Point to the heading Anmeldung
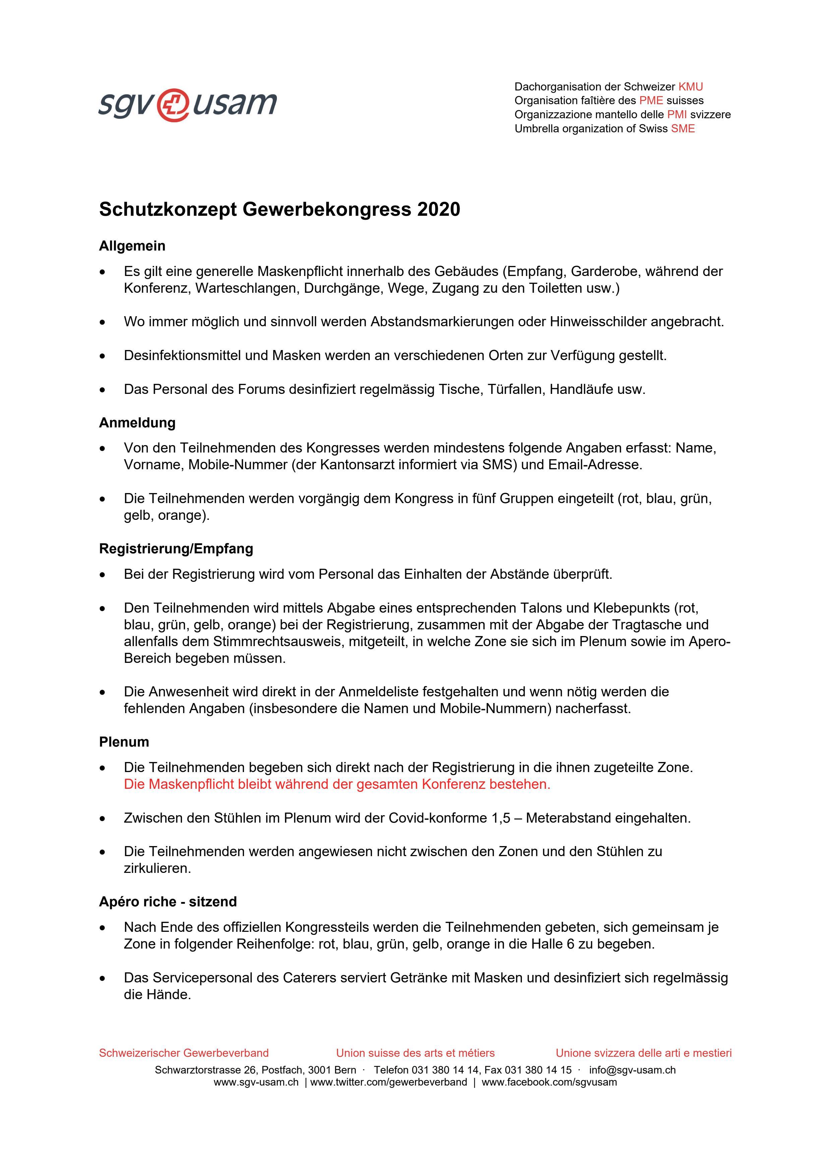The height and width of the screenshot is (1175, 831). pyautogui.click(x=137, y=423)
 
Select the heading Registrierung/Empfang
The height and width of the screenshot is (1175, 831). pyautogui.click(x=176, y=549)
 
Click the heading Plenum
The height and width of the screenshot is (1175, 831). pyautogui.click(x=124, y=742)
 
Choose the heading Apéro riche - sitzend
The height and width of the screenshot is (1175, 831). pyautogui.click(x=168, y=902)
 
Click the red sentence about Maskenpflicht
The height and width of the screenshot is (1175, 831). pyautogui.click(x=337, y=784)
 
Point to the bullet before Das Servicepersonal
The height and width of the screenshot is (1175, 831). pyautogui.click(x=103, y=978)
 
